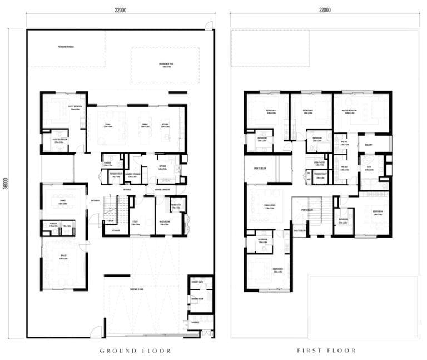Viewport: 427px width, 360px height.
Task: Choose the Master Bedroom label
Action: click(x=352, y=111)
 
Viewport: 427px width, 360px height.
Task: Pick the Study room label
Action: click(x=135, y=222)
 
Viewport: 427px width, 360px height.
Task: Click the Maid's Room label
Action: click(x=165, y=222)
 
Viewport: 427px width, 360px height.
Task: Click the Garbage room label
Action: click(x=195, y=322)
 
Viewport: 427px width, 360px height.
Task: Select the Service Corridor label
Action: click(x=157, y=189)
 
